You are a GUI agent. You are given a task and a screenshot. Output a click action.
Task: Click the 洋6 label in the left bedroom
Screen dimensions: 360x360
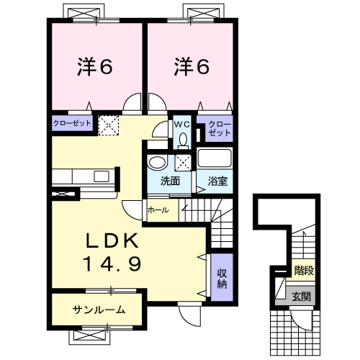point(95,67)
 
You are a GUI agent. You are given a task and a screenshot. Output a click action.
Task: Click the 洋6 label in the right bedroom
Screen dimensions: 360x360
point(191,67)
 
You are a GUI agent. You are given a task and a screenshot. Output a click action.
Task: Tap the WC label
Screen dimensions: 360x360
point(179,124)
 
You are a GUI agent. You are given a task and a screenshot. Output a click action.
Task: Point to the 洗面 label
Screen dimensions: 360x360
point(170,181)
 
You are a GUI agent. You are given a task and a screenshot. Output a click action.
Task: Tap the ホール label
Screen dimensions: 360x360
point(158,210)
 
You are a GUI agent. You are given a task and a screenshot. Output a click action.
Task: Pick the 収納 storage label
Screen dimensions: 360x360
point(222,278)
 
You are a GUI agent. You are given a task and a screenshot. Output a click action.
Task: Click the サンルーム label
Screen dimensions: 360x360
point(98,310)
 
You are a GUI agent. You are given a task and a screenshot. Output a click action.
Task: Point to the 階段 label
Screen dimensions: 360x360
point(304,271)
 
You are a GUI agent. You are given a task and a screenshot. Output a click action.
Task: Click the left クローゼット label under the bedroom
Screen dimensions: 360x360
point(72,124)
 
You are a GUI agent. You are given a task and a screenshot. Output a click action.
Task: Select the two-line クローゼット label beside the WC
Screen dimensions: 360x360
point(220,129)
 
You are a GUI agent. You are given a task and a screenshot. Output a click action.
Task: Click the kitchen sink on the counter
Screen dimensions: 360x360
point(101,176)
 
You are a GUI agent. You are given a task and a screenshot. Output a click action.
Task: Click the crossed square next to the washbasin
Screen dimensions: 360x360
point(183,161)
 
